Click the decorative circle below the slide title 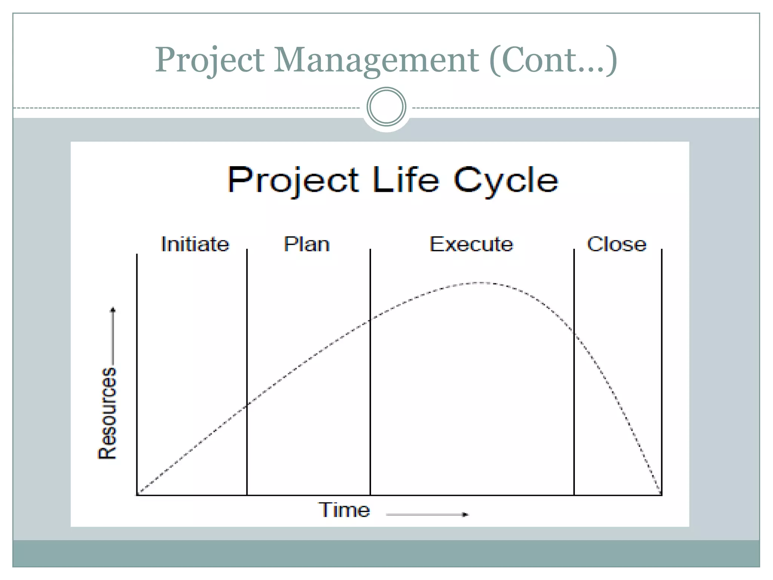coord(386,107)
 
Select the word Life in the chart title coord(406,180)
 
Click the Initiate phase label coord(195,244)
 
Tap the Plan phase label coord(306,244)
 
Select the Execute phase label coord(471,244)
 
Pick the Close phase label coord(616,244)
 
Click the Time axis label coord(344,510)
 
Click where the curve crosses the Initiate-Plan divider coord(247,406)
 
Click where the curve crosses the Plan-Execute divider coord(370,320)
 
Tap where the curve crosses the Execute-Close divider coord(574,332)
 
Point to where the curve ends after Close coord(661,494)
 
